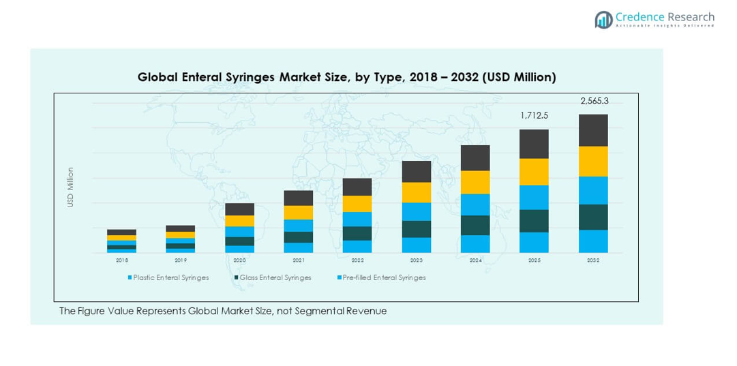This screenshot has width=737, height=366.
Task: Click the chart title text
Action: (x=346, y=77)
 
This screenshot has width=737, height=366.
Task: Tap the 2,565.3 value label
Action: (x=594, y=101)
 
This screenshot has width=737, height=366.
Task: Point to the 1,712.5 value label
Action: (x=534, y=116)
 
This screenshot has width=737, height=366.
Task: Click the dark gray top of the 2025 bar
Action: (x=534, y=144)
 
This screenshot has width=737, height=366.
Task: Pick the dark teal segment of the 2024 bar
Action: (x=475, y=225)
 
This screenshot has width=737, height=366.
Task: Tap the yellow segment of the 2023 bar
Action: (x=416, y=192)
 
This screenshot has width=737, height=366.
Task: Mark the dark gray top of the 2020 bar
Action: (x=239, y=209)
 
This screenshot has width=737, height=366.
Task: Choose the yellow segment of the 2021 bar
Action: (x=298, y=213)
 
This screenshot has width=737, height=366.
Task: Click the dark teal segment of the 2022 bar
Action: (x=357, y=233)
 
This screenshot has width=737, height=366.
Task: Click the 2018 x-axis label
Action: (x=121, y=260)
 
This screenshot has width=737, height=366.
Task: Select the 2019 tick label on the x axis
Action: (x=180, y=260)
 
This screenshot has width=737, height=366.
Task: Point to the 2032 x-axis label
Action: (x=593, y=260)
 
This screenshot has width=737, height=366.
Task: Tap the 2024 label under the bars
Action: (x=475, y=260)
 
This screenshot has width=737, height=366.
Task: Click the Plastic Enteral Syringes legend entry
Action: (x=171, y=278)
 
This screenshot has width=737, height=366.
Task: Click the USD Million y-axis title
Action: (x=70, y=187)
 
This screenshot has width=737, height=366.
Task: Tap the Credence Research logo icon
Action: (x=603, y=20)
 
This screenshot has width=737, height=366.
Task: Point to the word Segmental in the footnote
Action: (x=312, y=311)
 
